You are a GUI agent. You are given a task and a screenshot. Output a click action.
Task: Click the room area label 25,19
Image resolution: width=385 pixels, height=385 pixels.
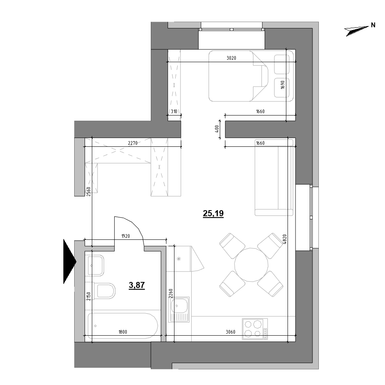(213, 214)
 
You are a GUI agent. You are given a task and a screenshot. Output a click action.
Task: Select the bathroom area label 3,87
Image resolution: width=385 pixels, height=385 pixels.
(137, 286)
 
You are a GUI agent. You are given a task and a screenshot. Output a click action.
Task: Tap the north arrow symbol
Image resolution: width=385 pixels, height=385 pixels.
(357, 30)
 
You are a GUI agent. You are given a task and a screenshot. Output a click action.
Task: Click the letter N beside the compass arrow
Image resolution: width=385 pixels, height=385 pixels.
(373, 25)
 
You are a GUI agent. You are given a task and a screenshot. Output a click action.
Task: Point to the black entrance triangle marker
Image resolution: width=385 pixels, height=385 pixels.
(69, 261)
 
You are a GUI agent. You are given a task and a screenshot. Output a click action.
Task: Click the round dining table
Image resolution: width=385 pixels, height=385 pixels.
(251, 265)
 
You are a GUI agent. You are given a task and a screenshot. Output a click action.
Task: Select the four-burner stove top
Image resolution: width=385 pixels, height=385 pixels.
(255, 329)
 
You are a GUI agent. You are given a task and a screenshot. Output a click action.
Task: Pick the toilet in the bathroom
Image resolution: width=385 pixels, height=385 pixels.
(104, 291)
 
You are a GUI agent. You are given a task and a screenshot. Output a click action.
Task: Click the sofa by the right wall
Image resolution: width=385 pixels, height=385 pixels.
(274, 176)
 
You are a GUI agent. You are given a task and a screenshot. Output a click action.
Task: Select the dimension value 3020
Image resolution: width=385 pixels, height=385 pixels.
(231, 58)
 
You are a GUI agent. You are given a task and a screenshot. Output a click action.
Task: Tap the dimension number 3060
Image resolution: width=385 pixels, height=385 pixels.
(231, 332)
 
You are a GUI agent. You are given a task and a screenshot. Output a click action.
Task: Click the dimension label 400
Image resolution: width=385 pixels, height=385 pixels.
(217, 129)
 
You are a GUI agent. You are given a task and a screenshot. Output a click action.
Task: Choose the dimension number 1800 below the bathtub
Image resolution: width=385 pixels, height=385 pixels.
(123, 332)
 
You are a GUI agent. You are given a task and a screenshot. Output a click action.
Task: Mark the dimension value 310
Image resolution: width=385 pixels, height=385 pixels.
(174, 112)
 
